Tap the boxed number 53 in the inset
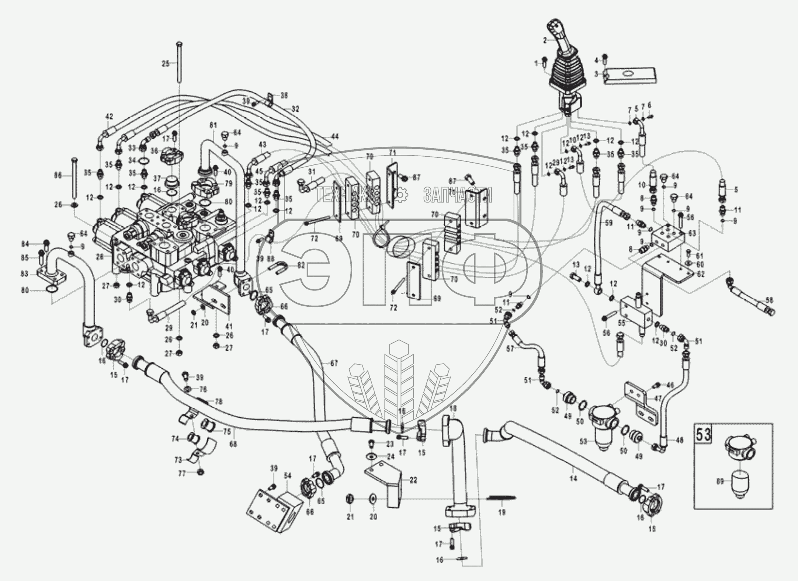(703, 435)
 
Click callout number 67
(334, 363)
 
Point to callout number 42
(109, 116)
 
